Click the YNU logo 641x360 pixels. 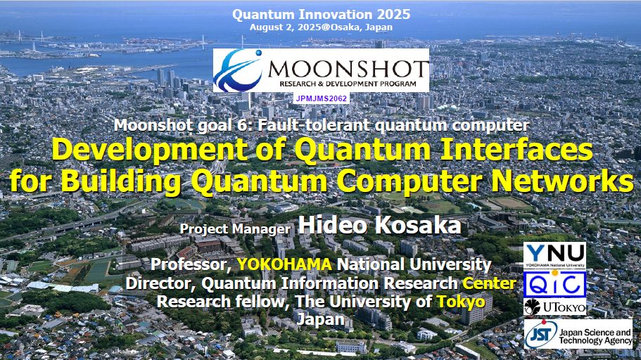(x=554, y=255)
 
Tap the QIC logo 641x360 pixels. (x=554, y=284)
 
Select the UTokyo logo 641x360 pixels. (x=554, y=307)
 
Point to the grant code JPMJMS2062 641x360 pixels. (x=322, y=98)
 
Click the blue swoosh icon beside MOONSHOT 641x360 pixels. (x=238, y=70)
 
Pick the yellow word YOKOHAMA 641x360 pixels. (x=284, y=264)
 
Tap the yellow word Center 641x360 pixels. (x=489, y=283)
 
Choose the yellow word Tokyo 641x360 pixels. (x=461, y=302)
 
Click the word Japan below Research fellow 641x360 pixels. (x=321, y=319)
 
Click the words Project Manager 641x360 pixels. (x=236, y=229)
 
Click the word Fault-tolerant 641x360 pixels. (x=314, y=125)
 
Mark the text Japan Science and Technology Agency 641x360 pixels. (x=595, y=337)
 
